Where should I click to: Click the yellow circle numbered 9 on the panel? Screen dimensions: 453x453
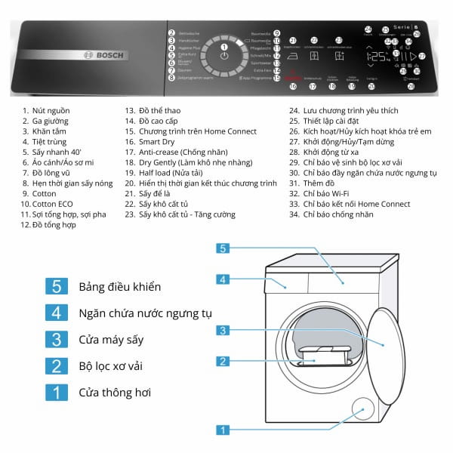[x=277, y=33]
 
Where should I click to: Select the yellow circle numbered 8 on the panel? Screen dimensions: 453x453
[x=172, y=78]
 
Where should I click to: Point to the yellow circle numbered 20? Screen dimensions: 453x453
[x=371, y=87]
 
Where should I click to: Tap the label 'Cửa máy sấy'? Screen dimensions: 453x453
[x=110, y=340]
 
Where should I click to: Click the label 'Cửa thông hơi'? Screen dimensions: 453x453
[x=115, y=393]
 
